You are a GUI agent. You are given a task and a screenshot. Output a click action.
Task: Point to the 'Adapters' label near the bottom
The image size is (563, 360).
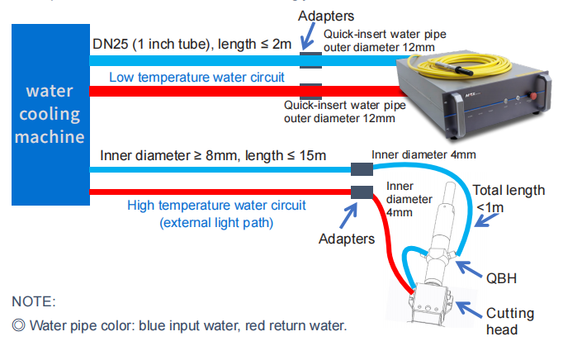tap(347, 239)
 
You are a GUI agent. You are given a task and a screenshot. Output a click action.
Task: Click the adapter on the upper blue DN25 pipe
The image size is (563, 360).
tap(311, 59)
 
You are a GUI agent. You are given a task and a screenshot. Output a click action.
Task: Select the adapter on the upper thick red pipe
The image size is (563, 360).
tap(311, 90)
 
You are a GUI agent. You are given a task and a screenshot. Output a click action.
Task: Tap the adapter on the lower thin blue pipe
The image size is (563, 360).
tap(362, 169)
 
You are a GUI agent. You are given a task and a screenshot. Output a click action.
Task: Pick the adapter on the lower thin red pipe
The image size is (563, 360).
tap(362, 192)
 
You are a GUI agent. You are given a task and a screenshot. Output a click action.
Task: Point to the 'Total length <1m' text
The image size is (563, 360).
tap(509, 197)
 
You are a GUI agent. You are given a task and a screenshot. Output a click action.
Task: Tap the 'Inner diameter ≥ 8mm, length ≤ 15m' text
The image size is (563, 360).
tap(213, 154)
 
